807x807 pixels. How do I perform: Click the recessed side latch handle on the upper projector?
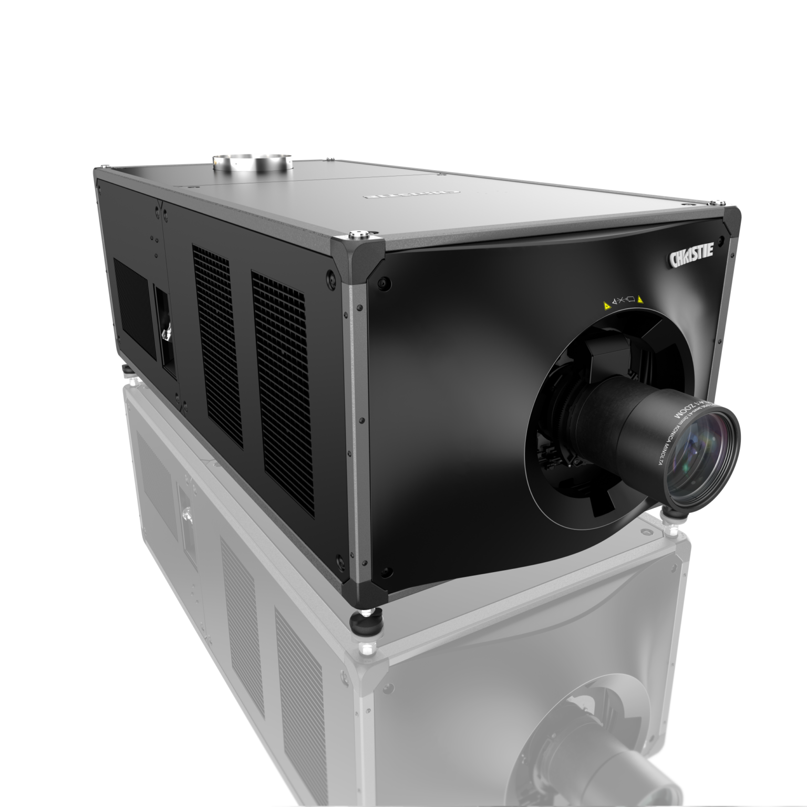pos(168,332)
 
